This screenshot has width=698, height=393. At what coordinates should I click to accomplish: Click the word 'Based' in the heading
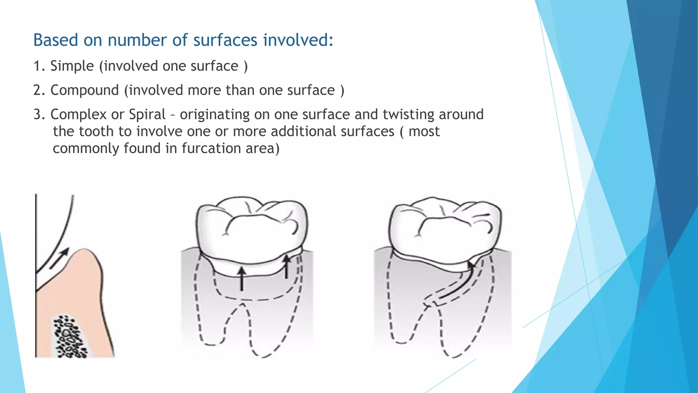[56, 40]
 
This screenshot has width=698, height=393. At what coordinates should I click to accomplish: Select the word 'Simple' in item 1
[72, 66]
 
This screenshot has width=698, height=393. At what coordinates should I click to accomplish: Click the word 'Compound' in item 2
[85, 90]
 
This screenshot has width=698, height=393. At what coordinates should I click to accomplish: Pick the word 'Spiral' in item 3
[147, 114]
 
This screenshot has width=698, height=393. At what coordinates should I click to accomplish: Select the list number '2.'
[39, 90]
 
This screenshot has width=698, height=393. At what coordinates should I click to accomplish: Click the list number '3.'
[39, 114]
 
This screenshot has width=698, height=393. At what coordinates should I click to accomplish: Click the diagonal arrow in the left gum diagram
[59, 258]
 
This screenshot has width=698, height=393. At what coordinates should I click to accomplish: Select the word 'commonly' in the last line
[86, 148]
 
